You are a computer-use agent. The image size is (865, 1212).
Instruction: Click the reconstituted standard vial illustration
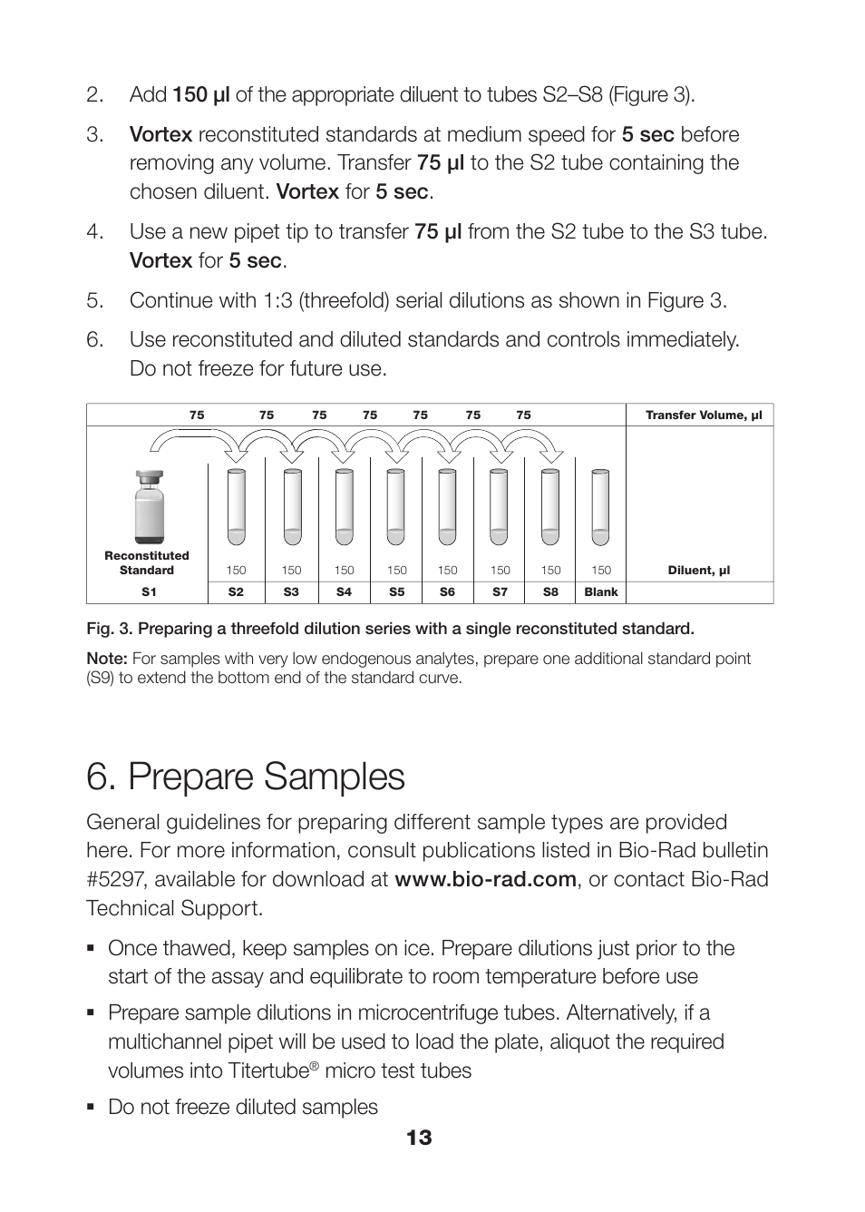tap(149, 507)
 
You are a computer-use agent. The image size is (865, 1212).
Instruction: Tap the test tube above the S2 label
tap(236, 506)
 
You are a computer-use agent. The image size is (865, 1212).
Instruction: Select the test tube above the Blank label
tap(600, 506)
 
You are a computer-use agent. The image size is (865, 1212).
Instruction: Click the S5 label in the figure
tap(396, 592)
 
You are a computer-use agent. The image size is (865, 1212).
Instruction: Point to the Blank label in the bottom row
tap(600, 592)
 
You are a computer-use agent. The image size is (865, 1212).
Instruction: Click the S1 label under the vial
tap(149, 592)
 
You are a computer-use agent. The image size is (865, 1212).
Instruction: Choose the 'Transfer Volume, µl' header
tap(703, 415)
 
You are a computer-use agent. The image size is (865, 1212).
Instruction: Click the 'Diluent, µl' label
tap(698, 571)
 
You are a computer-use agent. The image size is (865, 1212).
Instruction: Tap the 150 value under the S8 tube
tap(550, 571)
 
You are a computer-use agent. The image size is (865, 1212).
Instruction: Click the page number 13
tap(419, 1138)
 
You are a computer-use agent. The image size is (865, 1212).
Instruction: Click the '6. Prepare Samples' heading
tap(246, 777)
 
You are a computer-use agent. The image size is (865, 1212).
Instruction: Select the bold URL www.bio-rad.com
tap(485, 879)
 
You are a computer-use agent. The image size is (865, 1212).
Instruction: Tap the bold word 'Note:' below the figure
tap(106, 659)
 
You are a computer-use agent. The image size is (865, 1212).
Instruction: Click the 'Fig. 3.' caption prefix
tap(109, 629)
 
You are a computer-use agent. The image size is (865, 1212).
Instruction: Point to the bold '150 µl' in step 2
tap(201, 95)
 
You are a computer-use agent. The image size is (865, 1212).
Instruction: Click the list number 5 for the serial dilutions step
tap(94, 300)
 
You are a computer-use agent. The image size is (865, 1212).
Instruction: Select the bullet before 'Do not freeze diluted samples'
tap(92, 1107)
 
